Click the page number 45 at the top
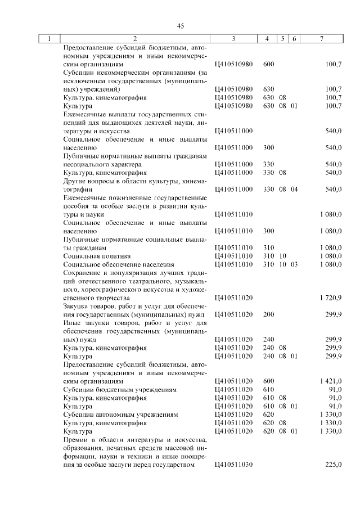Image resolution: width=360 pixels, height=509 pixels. (181, 26)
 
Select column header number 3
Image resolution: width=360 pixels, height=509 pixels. (233, 39)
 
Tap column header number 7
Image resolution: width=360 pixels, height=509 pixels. (321, 39)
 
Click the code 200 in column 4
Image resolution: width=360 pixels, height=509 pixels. (268, 314)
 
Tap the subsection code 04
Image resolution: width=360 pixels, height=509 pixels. (294, 189)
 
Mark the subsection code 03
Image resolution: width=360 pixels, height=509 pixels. (294, 264)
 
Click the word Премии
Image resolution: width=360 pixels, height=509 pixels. (76, 439)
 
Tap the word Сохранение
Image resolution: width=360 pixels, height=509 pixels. (83, 273)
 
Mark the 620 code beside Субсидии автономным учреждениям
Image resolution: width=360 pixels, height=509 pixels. (268, 415)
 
